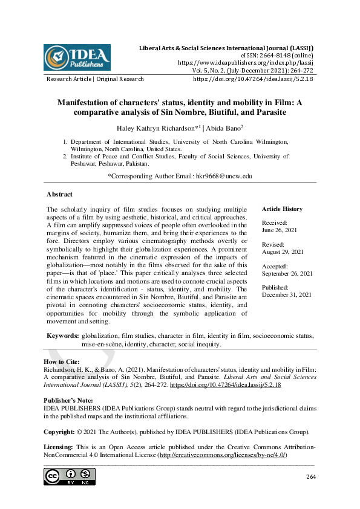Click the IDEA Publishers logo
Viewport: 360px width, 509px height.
[77, 57]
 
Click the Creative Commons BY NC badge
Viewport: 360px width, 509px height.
[70, 476]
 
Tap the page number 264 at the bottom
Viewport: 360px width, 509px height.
[310, 478]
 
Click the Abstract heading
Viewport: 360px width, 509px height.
[59, 195]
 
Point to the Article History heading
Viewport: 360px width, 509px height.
[283, 209]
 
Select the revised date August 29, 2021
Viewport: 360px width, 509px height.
[283, 251]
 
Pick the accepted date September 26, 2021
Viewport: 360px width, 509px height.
[287, 273]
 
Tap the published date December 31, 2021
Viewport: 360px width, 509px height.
[287, 294]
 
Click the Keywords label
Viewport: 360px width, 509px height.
[62, 336]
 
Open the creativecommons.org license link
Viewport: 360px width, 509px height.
[223, 455]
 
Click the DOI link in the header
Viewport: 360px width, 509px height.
[252, 79]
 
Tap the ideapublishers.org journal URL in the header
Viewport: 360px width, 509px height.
[245, 62]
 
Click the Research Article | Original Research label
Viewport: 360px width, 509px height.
[95, 79]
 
